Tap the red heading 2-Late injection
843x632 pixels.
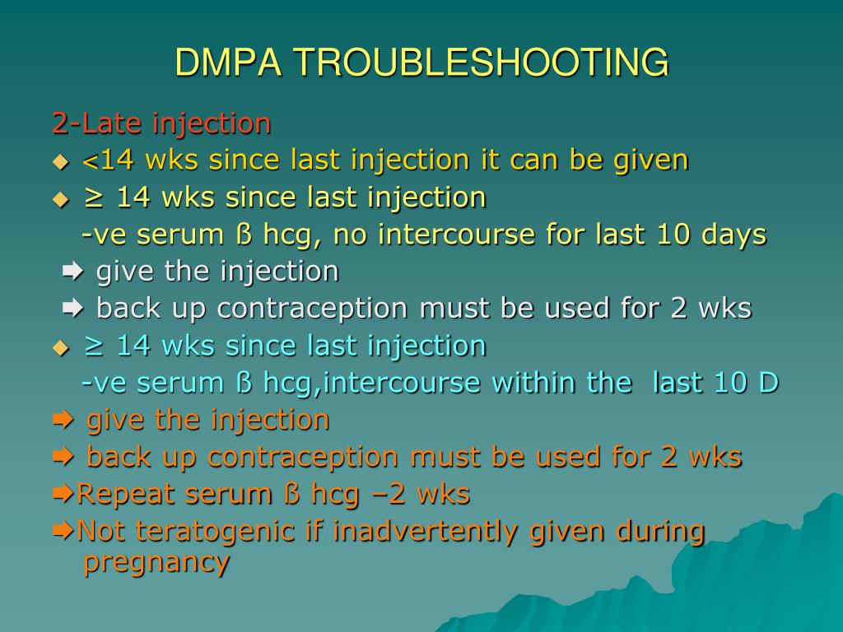(x=161, y=123)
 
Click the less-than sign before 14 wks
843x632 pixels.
(x=91, y=162)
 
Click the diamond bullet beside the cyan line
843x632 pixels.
(x=61, y=349)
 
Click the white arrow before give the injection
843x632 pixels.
(x=72, y=272)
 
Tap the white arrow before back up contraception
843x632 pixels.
(x=72, y=309)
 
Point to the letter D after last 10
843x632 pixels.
(x=769, y=383)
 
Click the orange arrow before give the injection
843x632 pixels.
(x=63, y=420)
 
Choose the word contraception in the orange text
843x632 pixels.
(x=303, y=457)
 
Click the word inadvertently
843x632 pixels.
(x=425, y=531)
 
